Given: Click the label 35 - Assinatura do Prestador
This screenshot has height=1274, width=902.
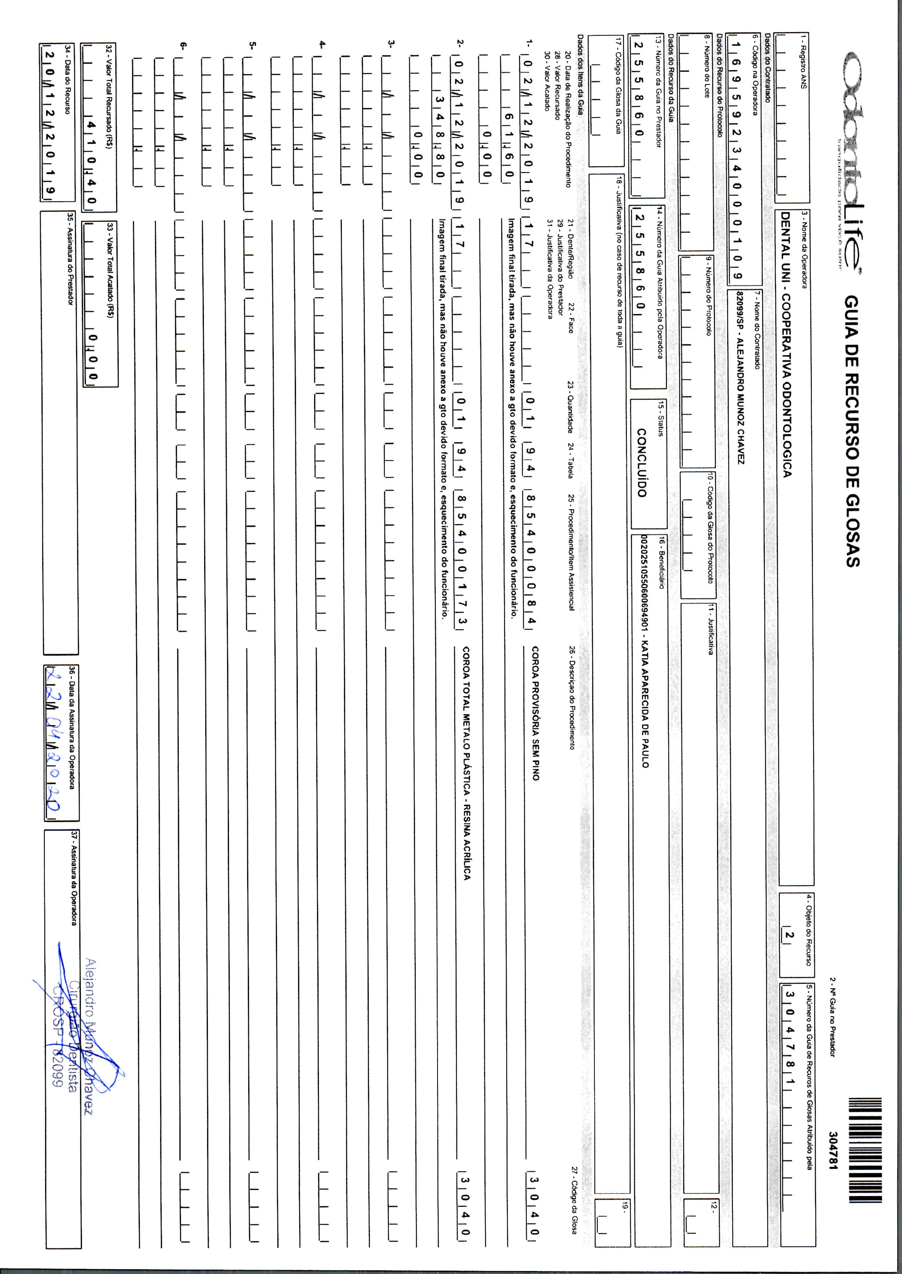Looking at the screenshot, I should coord(71,258).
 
